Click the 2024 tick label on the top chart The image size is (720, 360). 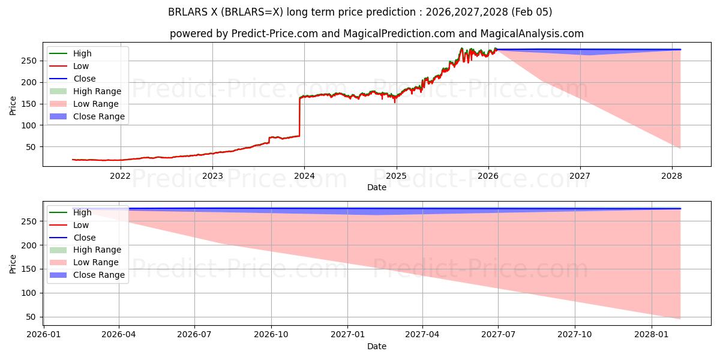(304, 176)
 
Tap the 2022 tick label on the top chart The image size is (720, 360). (120, 176)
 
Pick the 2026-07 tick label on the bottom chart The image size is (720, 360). (195, 335)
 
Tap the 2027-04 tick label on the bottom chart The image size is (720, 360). (422, 335)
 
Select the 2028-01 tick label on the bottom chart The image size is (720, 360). (651, 335)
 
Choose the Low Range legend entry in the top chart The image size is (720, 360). (98, 104)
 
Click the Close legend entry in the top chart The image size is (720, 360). (84, 79)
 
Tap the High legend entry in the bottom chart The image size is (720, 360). (82, 212)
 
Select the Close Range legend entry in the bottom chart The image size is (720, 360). (99, 275)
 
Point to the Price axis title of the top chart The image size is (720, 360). (13, 104)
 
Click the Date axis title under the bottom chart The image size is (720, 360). (377, 346)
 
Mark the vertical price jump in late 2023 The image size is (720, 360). (299, 117)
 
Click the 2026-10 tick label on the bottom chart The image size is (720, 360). (271, 335)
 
